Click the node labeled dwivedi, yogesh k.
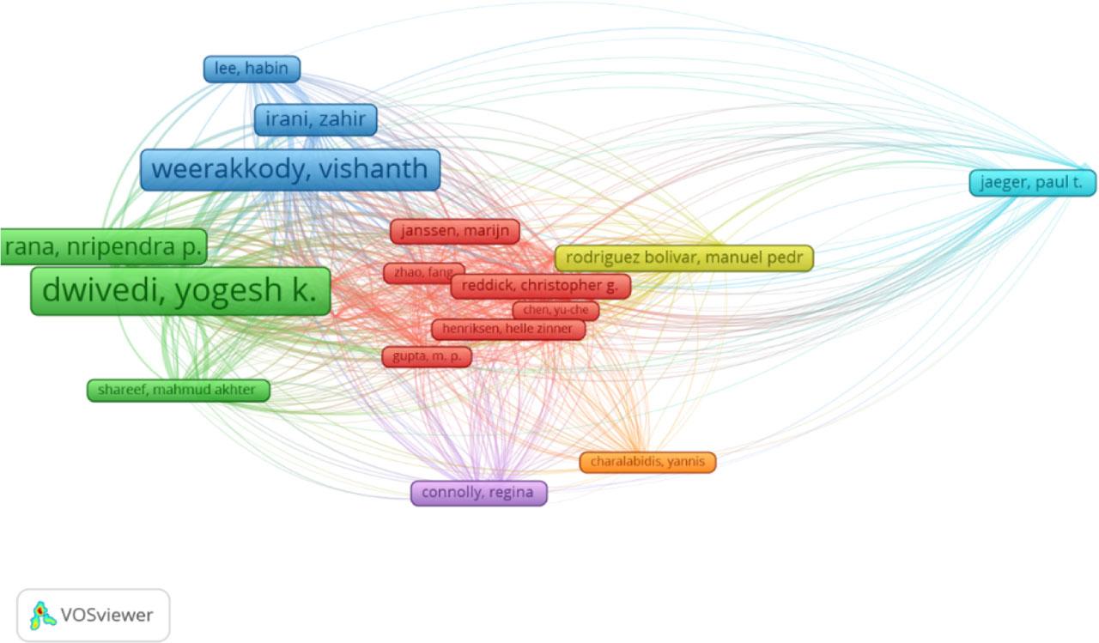180,291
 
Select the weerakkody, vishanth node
290,169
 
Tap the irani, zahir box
315,120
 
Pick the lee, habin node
252,69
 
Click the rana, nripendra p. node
103,248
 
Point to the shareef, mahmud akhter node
179,391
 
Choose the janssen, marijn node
455,231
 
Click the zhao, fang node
423,273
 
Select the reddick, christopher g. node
541,286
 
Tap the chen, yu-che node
556,310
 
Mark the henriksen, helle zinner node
508,329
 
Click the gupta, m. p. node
427,356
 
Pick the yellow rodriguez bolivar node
684,258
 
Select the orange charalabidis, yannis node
647,462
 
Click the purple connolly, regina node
478,493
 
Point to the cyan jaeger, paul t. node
1033,183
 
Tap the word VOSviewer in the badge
106,615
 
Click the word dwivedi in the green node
102,291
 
